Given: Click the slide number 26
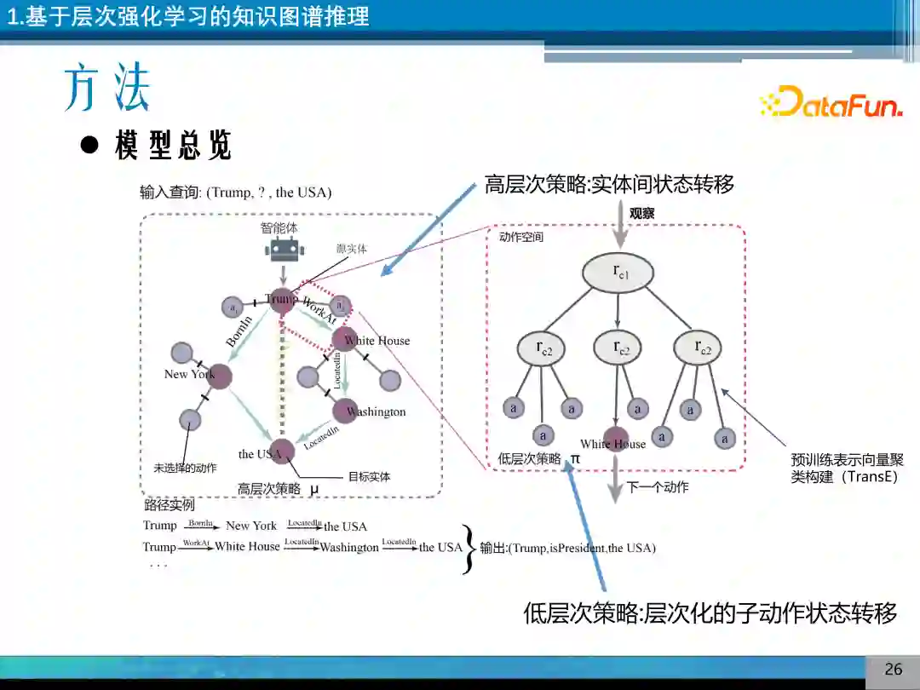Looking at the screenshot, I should pyautogui.click(x=893, y=669).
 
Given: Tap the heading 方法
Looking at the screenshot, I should pyautogui.click(x=107, y=88).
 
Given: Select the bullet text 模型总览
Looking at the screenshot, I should pyautogui.click(x=173, y=146).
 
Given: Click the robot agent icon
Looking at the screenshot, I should pyautogui.click(x=284, y=249).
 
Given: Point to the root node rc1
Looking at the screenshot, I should pyautogui.click(x=619, y=273).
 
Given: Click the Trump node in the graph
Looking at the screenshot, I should pyautogui.click(x=282, y=300).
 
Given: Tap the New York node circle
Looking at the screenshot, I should pyautogui.click(x=220, y=376).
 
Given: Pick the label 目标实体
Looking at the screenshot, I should pyautogui.click(x=369, y=477).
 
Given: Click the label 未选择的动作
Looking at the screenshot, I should pyautogui.click(x=185, y=468).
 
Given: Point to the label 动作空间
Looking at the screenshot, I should pyautogui.click(x=521, y=237).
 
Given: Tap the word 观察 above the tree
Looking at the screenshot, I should pyautogui.click(x=641, y=214).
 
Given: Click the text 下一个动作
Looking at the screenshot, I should pyautogui.click(x=658, y=487).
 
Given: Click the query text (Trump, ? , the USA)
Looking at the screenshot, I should pyautogui.click(x=268, y=193).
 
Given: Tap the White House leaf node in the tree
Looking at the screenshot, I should pyautogui.click(x=616, y=438).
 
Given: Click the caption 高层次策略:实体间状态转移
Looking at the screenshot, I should pyautogui.click(x=609, y=184).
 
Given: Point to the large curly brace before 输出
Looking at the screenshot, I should pyautogui.click(x=469, y=549).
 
